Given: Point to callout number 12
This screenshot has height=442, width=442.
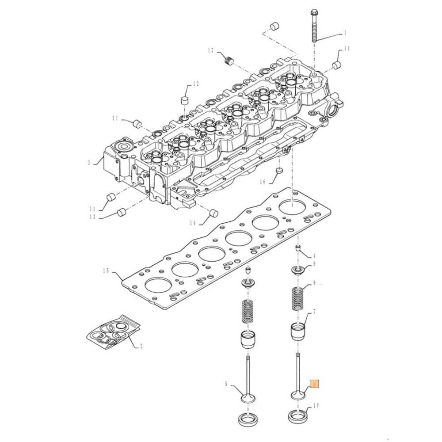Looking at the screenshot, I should pos(196,84).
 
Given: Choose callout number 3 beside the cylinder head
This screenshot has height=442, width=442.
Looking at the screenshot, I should pos(89,163).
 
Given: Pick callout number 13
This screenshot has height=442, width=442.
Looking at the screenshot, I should pos(92,217).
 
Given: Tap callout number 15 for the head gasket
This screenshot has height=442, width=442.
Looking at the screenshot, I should pos(105,271).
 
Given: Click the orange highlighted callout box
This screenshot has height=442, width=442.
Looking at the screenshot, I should pos(314,384).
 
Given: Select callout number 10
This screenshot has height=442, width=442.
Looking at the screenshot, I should pos(316,405).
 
